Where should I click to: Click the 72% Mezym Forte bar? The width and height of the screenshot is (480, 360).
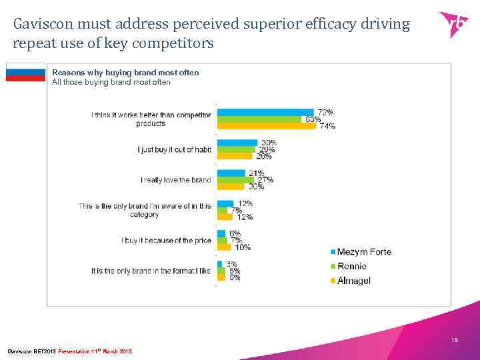click(265, 112)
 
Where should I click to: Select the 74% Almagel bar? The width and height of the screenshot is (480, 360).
click(267, 125)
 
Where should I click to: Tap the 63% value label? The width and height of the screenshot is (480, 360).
click(312, 119)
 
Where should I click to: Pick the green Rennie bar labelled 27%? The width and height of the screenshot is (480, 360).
click(237, 180)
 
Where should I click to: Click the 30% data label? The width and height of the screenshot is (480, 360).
click(269, 143)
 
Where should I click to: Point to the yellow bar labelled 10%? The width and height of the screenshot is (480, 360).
click(224, 247)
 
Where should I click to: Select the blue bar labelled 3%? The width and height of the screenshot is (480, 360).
click(221, 264)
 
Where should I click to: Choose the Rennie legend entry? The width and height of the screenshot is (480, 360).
click(351, 266)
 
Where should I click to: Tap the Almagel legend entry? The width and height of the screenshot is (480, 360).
click(353, 281)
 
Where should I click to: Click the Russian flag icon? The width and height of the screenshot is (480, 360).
click(25, 72)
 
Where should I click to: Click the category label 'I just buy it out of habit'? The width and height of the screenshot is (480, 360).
click(175, 150)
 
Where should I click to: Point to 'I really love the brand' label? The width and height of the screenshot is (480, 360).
click(176, 180)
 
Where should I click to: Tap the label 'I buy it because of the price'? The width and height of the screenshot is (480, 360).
click(167, 240)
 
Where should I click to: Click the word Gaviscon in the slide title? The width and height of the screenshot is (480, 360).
click(43, 25)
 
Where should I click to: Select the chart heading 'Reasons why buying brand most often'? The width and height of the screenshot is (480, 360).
click(125, 72)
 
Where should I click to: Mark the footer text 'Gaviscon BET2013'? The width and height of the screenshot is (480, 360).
click(31, 351)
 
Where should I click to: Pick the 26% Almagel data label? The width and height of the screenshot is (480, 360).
click(264, 157)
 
